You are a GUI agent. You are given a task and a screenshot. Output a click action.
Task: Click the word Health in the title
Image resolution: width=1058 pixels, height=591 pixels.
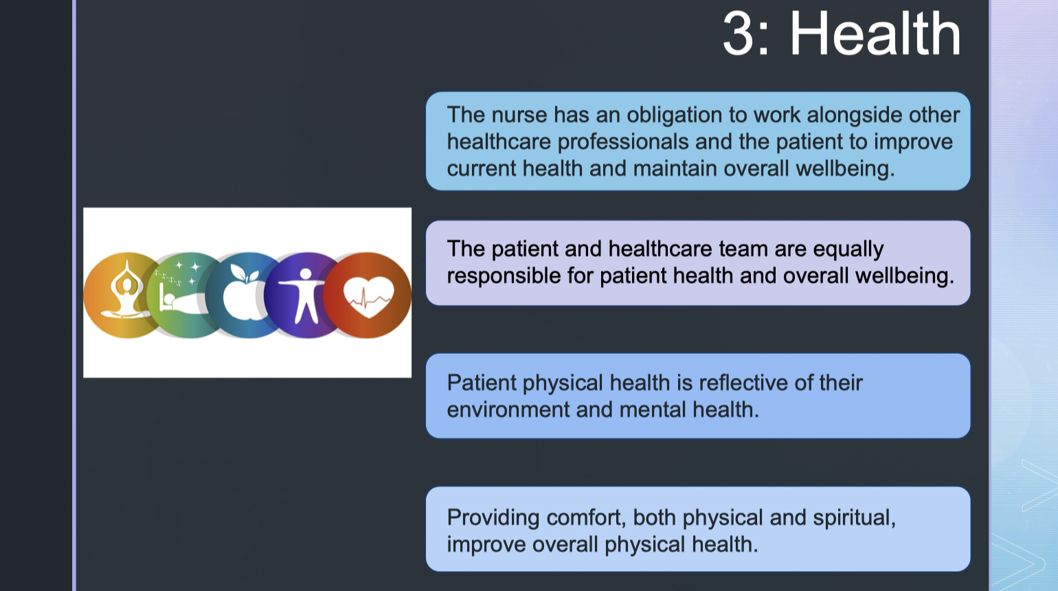click(x=875, y=34)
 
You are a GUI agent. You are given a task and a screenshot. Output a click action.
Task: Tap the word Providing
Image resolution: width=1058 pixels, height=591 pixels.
click(x=493, y=517)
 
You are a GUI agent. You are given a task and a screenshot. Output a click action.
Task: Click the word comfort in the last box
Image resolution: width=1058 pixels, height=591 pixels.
click(x=586, y=517)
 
